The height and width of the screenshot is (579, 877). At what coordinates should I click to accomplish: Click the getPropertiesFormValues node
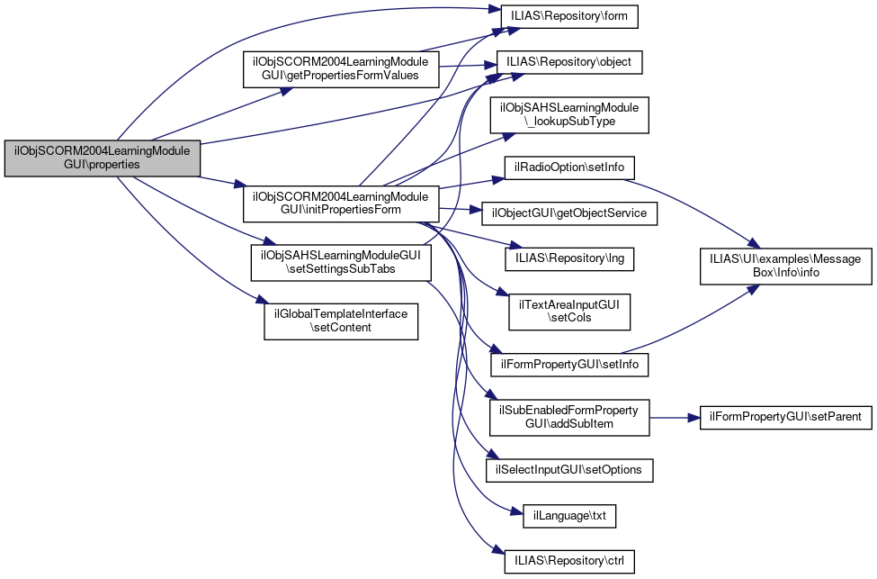(x=341, y=68)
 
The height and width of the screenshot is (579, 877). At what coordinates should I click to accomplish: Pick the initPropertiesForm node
(x=341, y=204)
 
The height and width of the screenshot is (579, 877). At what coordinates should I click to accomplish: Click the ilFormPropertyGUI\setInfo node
(x=568, y=365)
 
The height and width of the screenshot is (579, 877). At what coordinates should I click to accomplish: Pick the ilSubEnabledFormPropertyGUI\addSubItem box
(x=568, y=417)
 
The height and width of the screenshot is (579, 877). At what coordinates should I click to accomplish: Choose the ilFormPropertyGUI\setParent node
(x=785, y=417)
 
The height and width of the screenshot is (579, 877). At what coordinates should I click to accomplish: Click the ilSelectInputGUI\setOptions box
(x=568, y=470)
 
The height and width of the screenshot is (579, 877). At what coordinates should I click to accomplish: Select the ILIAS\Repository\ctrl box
(x=569, y=561)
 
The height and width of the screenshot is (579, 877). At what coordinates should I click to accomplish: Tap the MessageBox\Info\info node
(x=785, y=266)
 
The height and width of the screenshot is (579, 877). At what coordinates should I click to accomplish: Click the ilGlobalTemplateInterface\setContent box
(x=341, y=321)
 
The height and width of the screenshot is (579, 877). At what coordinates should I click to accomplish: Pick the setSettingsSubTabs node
(x=341, y=261)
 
